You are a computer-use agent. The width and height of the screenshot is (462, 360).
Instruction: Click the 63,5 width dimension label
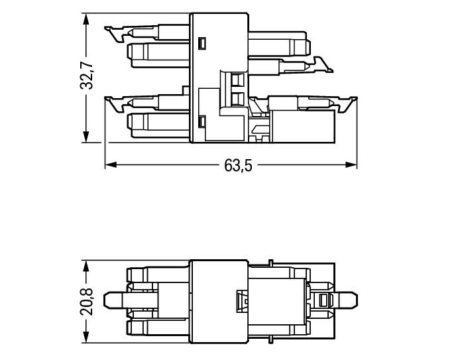[238, 165]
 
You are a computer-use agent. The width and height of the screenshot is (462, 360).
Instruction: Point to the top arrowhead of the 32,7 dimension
[86, 17]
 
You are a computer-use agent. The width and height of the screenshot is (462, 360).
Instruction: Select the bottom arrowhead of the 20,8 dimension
[86, 339]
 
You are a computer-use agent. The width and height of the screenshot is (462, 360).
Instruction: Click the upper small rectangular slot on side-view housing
[202, 44]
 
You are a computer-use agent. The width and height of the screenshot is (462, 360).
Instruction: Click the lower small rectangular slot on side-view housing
[202, 121]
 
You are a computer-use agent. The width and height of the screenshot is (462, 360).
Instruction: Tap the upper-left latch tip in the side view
[108, 29]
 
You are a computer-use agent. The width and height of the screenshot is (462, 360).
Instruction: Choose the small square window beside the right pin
[323, 300]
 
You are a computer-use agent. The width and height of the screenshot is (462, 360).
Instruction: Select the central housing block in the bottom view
[219, 300]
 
